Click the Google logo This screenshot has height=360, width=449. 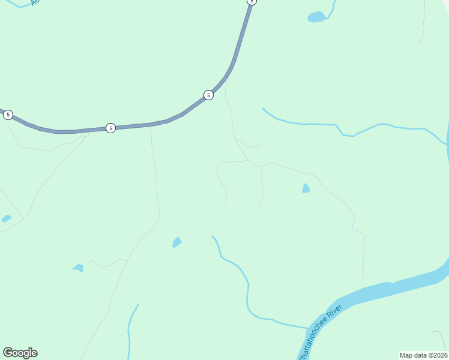click(20, 353)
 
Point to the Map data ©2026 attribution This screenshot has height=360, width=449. click(423, 355)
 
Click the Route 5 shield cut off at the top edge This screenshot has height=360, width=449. click(252, 2)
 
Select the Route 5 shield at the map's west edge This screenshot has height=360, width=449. click(8, 115)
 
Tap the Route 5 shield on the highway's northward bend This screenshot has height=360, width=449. click(208, 95)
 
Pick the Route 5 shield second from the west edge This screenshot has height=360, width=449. click(110, 128)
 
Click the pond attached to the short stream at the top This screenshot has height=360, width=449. click(316, 17)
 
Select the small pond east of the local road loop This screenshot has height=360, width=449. click(306, 188)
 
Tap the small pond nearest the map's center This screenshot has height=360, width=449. click(176, 242)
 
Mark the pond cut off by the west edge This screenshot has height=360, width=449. click(6, 218)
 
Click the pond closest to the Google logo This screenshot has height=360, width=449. click(78, 268)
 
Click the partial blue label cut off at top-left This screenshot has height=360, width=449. click(35, 2)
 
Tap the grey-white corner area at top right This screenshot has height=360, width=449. click(445, 3)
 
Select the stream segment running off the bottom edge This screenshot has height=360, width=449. click(129, 342)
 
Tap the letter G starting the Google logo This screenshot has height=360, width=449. click(8, 353)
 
